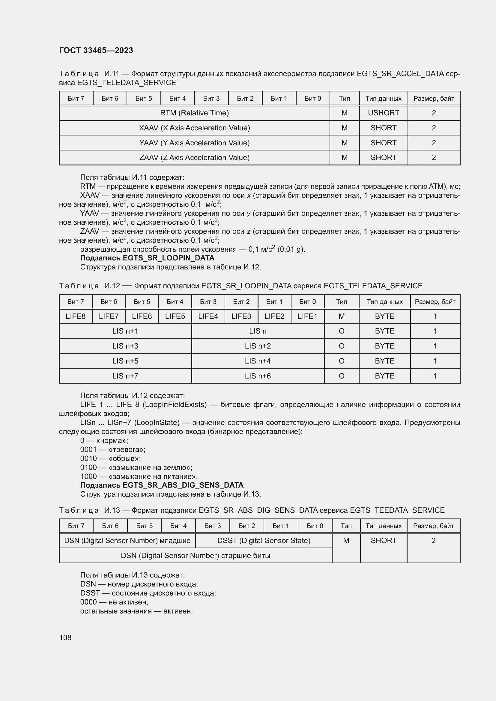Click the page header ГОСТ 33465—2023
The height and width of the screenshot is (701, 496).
tap(96, 50)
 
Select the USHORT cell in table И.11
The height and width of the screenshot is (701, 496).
tap(383, 113)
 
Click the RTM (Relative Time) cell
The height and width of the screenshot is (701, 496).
tap(194, 113)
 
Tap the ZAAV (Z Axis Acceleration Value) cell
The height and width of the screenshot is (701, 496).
tap(194, 158)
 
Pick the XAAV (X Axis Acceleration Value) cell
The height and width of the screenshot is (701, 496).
tap(194, 128)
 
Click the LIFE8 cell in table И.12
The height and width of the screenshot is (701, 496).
tap(76, 316)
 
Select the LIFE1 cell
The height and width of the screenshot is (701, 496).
tap(307, 316)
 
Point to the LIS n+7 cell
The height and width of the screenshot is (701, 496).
tap(125, 376)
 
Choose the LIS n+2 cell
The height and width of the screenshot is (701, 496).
tap(258, 346)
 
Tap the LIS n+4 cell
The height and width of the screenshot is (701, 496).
tap(258, 361)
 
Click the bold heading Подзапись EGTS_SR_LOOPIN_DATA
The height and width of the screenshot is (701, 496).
tap(147, 258)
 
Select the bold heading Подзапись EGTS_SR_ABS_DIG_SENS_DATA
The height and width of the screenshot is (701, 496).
tap(162, 485)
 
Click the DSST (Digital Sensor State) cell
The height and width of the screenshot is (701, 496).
tap(264, 540)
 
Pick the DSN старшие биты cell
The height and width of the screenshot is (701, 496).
tap(196, 555)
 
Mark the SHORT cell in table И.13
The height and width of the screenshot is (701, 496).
tap(383, 540)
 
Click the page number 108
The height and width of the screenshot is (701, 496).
tap(65, 637)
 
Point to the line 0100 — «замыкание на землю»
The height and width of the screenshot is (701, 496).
tap(136, 468)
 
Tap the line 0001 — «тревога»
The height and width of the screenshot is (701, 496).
tap(113, 450)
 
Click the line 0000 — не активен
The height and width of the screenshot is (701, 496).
tap(114, 602)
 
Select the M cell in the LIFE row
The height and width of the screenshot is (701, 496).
tap(342, 316)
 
